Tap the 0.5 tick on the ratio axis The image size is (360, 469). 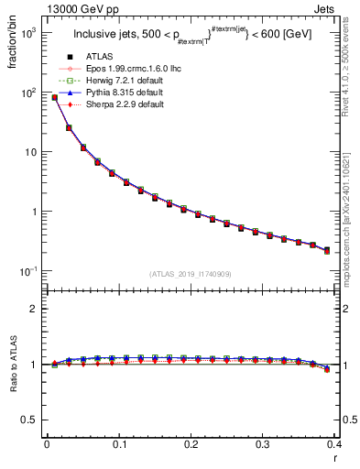pyautogui.click(x=31, y=420)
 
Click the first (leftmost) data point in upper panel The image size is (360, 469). pyautogui.click(x=54, y=97)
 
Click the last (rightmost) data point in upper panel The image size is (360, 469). pyautogui.click(x=327, y=249)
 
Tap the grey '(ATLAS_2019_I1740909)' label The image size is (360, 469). pyautogui.click(x=191, y=274)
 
